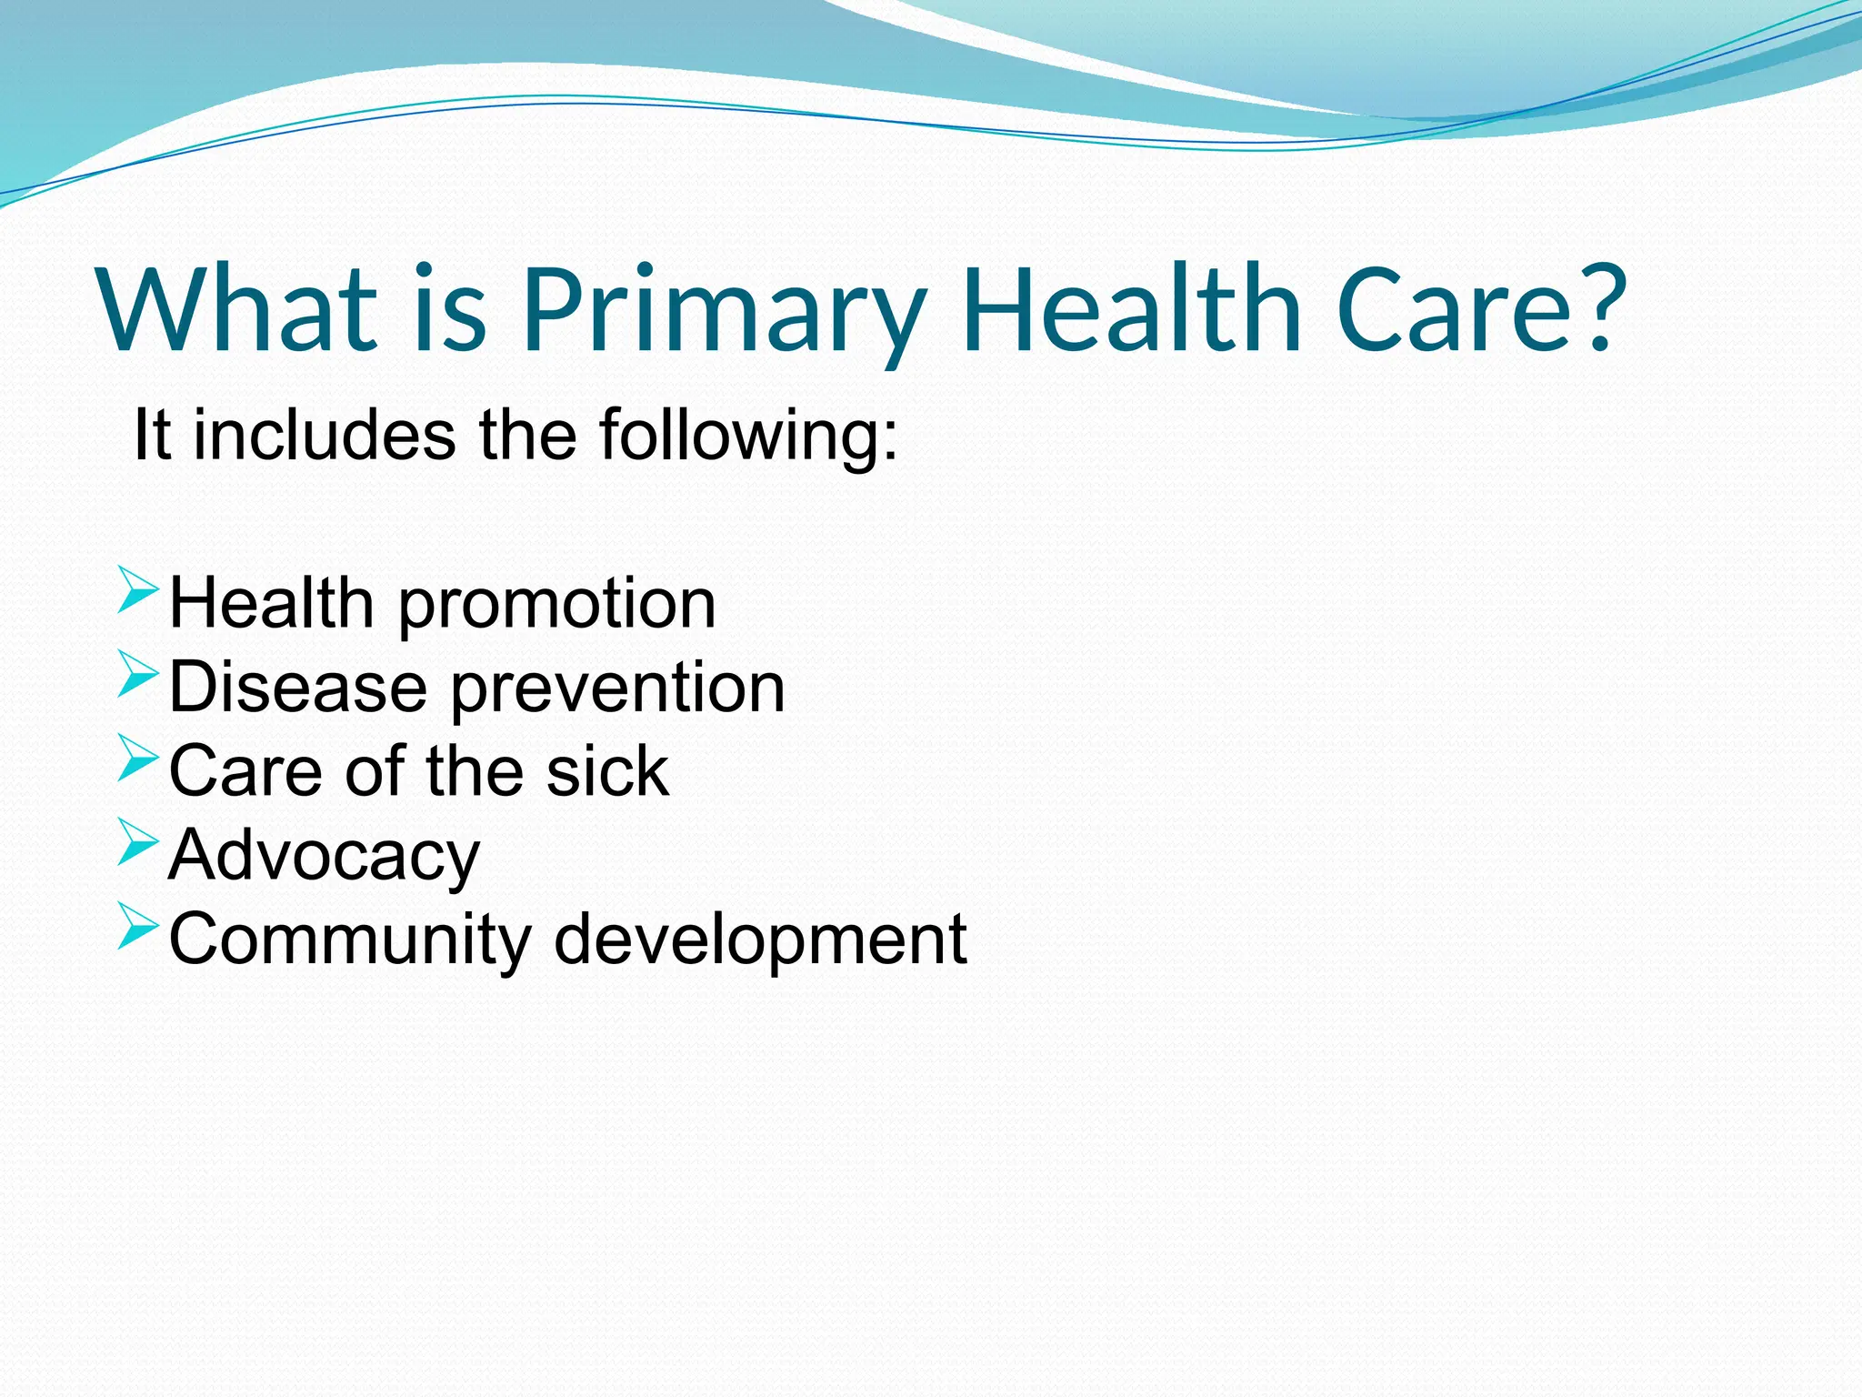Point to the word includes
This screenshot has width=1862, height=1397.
point(324,435)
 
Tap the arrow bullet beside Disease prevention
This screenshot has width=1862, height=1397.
point(137,673)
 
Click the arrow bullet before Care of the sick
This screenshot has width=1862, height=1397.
point(137,758)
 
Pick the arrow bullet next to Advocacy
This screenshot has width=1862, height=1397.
point(137,841)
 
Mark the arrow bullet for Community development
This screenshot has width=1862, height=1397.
point(137,926)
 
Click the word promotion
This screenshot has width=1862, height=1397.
point(556,606)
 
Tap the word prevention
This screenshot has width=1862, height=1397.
point(617,689)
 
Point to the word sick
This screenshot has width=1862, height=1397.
point(607,771)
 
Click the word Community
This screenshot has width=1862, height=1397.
point(350,940)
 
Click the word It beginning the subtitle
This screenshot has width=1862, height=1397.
point(151,435)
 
